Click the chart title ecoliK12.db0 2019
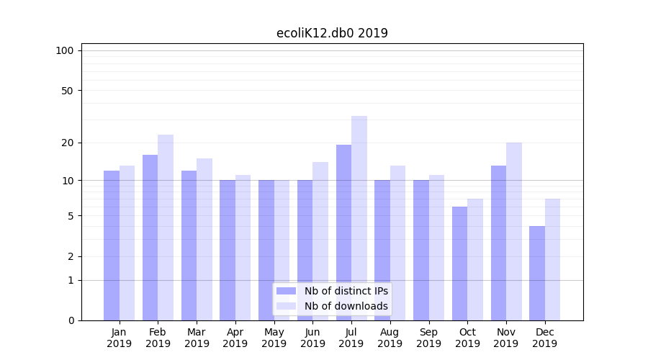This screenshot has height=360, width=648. click(x=332, y=33)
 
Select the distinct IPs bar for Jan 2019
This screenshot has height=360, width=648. click(x=112, y=245)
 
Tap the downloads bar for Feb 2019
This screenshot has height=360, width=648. click(x=166, y=227)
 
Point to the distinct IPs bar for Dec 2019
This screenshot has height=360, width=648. click(x=537, y=273)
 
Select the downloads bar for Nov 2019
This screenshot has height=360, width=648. click(x=514, y=231)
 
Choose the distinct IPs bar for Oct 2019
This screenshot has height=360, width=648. click(x=460, y=263)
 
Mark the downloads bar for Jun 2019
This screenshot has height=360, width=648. click(x=320, y=240)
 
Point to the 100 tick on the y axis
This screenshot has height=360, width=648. click(x=65, y=50)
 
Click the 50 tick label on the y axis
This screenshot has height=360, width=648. click(x=68, y=91)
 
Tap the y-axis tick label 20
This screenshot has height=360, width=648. click(x=68, y=143)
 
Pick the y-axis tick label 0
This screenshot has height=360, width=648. click(x=71, y=320)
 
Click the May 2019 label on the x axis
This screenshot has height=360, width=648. click(x=274, y=338)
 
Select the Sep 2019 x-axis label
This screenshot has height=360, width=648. click(x=428, y=338)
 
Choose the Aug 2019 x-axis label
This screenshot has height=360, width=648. click(x=390, y=338)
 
